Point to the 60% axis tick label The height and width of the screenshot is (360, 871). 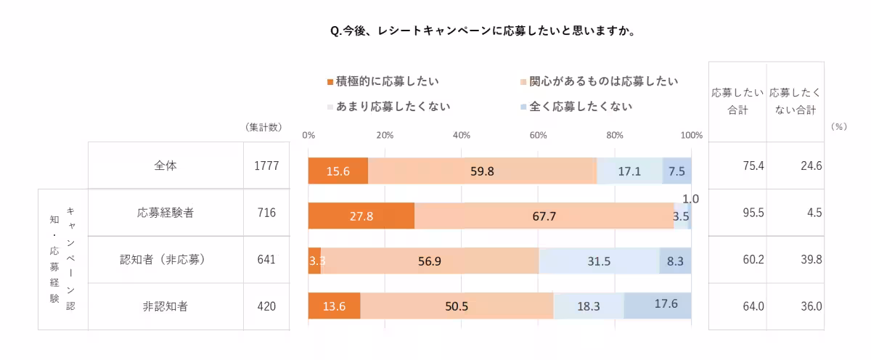pos(538,135)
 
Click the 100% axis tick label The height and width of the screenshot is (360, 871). pos(692,135)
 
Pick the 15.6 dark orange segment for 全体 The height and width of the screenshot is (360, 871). pos(338,171)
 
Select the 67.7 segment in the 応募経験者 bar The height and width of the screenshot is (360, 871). pos(544,216)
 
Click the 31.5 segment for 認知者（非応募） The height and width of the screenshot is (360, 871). pos(599,261)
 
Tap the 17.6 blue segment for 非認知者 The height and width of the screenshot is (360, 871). pos(658,305)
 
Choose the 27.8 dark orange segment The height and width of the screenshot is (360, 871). pos(361,216)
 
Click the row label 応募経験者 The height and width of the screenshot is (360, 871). pos(165,213)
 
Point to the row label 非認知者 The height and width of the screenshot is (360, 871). pos(165,306)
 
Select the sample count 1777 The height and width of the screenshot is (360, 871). pos(266,166)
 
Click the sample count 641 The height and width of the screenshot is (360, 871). pos(266,259)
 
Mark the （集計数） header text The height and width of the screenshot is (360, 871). pos(263,127)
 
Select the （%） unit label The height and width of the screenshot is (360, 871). pos(838,126)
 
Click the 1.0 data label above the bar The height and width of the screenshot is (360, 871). pos(691,198)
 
